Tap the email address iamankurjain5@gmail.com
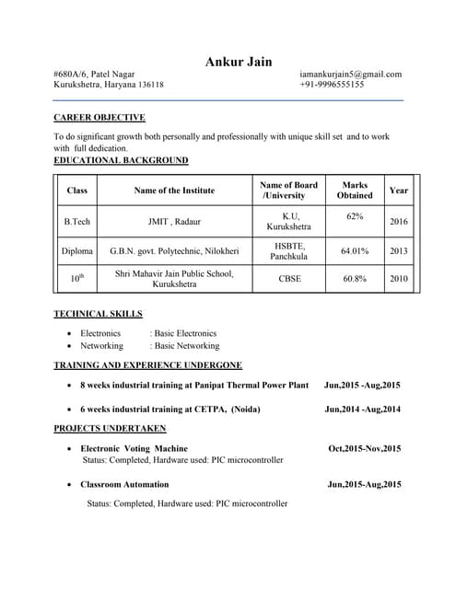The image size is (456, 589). (350, 74)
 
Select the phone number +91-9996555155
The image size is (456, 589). (332, 85)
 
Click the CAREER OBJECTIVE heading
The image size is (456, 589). (99, 118)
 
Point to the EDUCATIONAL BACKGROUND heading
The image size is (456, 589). (121, 160)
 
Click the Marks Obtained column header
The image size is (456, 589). (355, 191)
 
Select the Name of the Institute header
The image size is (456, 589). (174, 191)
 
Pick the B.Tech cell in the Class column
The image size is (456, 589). (77, 222)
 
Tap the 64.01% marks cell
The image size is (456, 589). (355, 250)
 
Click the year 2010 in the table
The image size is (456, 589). (399, 278)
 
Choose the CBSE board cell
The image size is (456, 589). (289, 278)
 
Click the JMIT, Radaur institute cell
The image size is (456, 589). (174, 222)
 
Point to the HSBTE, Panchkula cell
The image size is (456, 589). (289, 250)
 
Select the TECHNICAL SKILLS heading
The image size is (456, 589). (98, 314)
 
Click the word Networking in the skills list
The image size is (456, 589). (101, 346)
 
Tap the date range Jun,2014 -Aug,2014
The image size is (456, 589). (362, 409)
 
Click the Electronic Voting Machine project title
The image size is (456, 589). (134, 449)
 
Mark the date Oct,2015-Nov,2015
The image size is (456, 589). (364, 449)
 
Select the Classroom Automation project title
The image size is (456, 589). (124, 484)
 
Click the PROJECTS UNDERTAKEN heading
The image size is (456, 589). (110, 429)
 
